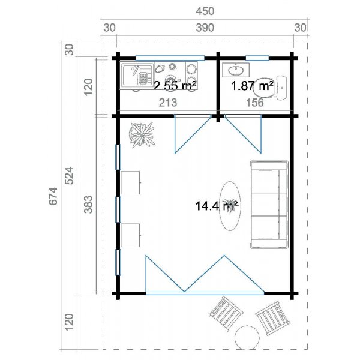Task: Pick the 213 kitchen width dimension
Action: coord(168,103)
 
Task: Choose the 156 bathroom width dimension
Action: coord(255,103)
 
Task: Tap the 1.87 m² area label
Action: coord(253,86)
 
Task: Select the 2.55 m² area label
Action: coord(175,86)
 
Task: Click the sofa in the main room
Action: coord(268,205)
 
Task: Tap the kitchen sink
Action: coord(136,76)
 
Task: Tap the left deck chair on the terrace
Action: coord(226,313)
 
